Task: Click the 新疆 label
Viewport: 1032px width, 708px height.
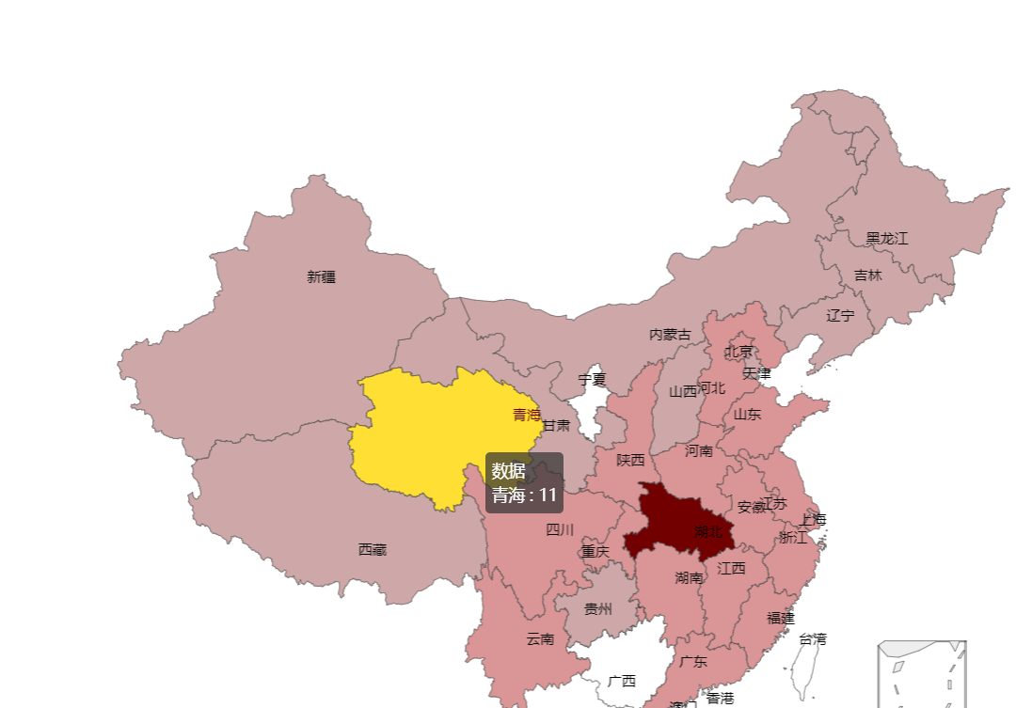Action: point(321,276)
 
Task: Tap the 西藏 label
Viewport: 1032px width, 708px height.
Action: point(372,549)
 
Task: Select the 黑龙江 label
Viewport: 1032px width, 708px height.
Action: point(886,238)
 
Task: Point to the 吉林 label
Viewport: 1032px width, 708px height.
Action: point(868,275)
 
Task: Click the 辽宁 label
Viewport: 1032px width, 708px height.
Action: point(840,315)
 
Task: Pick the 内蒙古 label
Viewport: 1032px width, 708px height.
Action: point(669,334)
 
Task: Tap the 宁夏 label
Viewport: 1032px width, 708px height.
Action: point(592,380)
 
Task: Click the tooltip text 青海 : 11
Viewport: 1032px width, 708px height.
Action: point(524,495)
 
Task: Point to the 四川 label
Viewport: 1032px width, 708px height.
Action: point(559,529)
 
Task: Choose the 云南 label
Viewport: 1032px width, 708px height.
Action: point(540,638)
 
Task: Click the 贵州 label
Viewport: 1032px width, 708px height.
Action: point(597,608)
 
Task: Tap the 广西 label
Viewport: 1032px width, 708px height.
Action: point(621,681)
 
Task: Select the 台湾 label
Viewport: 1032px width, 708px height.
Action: point(812,638)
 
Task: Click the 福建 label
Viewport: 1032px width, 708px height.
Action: point(780,618)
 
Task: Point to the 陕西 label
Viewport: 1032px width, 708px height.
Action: point(630,460)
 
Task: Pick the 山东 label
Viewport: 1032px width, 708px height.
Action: point(747,413)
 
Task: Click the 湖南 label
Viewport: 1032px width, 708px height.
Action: point(689,577)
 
